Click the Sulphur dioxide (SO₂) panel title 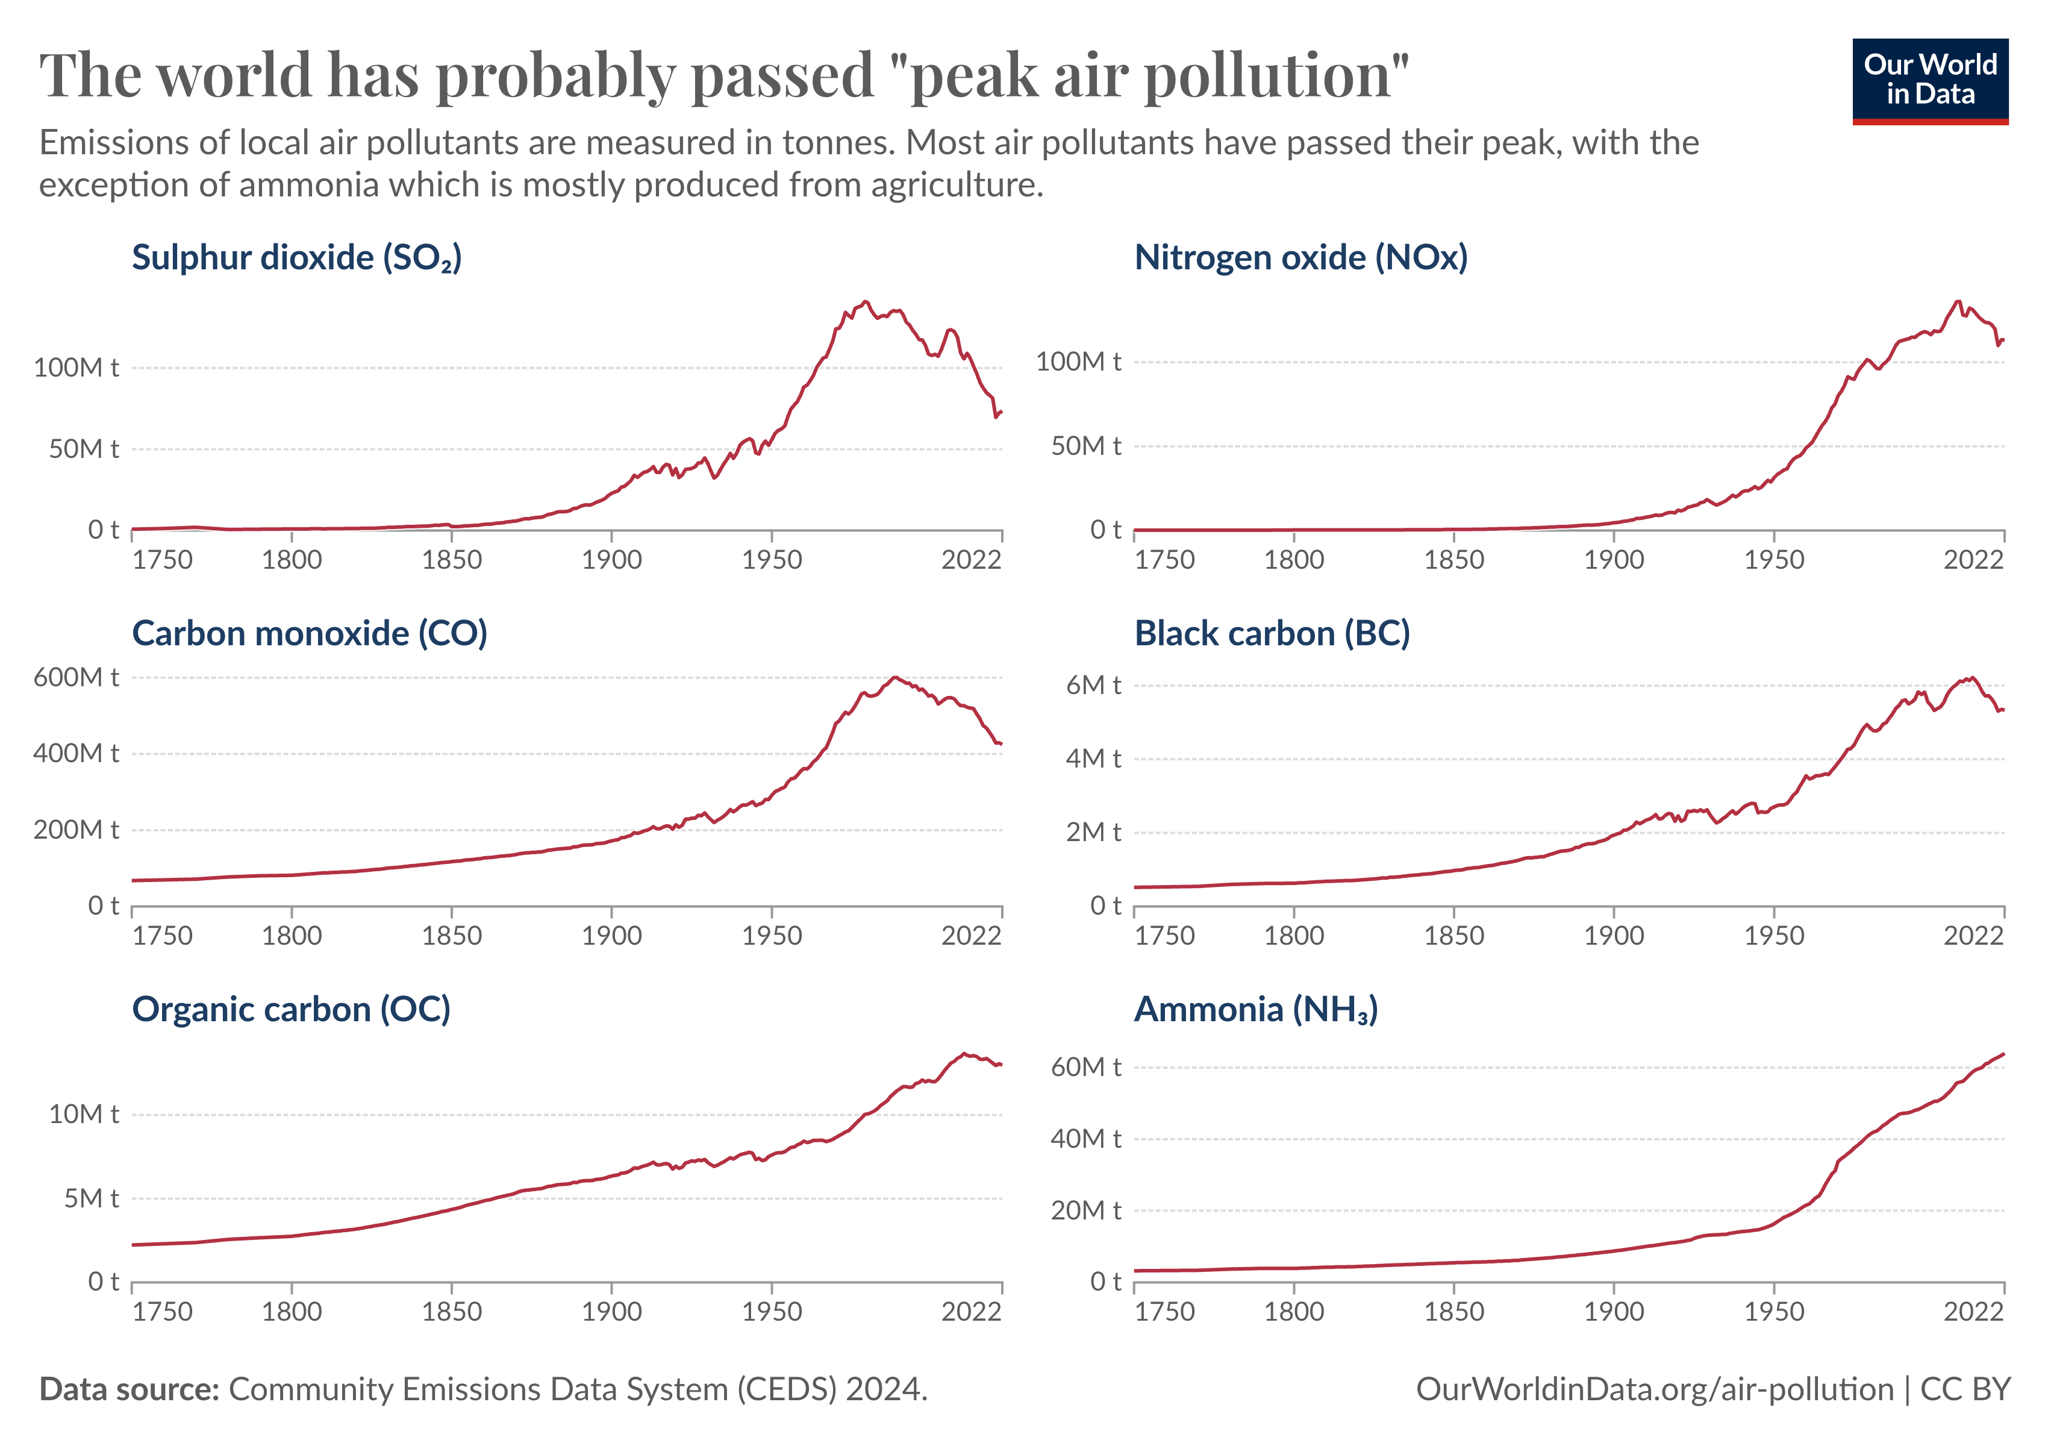[296, 258]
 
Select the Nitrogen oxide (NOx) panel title [1300, 258]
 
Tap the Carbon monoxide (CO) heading [310, 633]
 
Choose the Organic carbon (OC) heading [291, 1010]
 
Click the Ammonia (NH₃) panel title [1255, 1010]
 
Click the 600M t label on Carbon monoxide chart [76, 678]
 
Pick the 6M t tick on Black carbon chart [1093, 685]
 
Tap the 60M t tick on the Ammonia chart [1085, 1067]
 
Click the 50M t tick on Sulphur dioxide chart [84, 449]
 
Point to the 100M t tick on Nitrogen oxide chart [1078, 362]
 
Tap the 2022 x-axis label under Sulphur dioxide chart [972, 560]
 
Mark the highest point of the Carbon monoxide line [894, 678]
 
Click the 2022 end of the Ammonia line [2003, 1054]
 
